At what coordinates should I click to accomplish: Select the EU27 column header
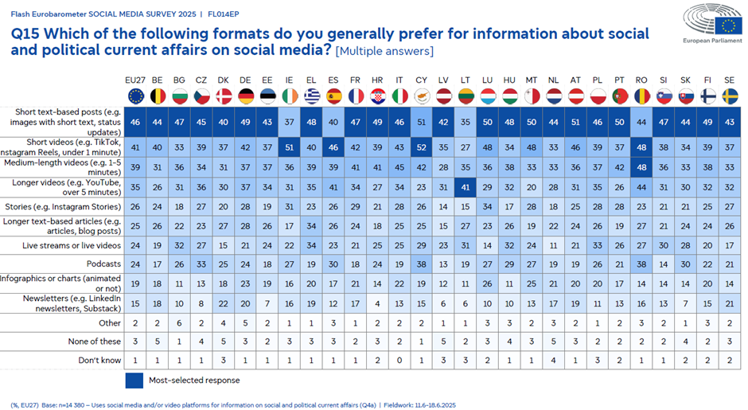coord(136,80)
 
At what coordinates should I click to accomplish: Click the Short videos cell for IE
coord(289,147)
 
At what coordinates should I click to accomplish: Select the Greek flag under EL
coord(311,96)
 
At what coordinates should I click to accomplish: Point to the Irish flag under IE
coord(289,96)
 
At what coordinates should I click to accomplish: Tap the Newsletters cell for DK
coord(224,303)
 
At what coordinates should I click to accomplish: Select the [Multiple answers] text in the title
coord(385,52)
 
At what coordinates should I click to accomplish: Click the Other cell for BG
coord(181,322)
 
